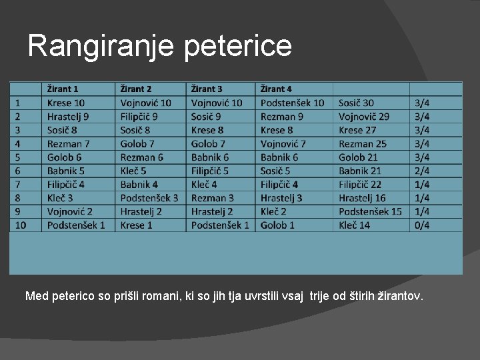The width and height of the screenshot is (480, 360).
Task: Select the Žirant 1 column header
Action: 63,89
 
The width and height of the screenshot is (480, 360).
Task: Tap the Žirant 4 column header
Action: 276,89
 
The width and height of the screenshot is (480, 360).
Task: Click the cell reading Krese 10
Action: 66,103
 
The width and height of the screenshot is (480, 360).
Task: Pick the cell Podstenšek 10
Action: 292,103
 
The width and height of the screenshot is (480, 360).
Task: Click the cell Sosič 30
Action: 356,103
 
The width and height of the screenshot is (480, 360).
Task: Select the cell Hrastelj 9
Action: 68,117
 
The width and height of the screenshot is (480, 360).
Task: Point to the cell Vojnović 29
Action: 364,117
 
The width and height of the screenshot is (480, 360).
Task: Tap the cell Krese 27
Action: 357,130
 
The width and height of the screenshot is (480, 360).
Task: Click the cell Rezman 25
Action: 363,143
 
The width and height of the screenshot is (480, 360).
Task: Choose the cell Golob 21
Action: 359,157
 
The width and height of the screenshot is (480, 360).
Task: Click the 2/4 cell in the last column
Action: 422,171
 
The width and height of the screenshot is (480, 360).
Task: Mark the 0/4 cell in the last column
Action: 422,225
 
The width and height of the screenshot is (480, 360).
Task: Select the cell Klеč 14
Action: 354,225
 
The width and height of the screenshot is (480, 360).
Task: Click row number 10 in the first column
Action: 21,225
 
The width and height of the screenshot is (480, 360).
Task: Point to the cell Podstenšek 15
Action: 370,211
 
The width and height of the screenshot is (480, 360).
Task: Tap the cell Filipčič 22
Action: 360,184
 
